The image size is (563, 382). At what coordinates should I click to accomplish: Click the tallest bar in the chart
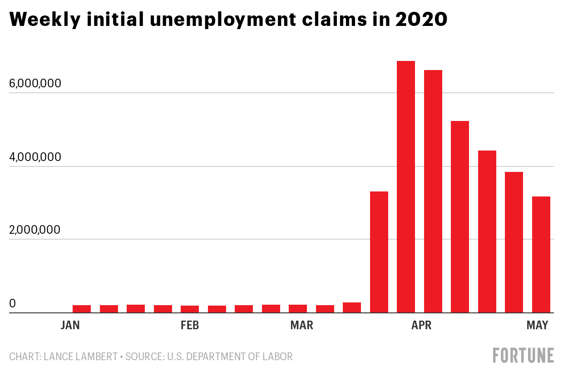pos(405,186)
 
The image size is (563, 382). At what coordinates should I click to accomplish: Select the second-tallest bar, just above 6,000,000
pos(433,191)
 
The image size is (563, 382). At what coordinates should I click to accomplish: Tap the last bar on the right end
pos(541,254)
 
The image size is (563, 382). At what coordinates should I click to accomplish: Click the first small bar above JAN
pos(82,309)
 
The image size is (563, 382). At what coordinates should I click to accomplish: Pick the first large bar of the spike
pos(379,252)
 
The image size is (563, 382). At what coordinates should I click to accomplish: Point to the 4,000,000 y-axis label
pos(40,157)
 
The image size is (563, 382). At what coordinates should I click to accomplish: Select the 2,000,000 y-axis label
pos(40,230)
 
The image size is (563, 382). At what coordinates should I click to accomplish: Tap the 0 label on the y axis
pos(12,303)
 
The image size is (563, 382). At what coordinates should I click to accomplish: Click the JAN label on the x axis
pos(70,326)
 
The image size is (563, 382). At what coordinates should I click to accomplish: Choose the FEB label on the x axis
pos(189,326)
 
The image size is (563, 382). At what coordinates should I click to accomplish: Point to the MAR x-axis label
pos(301,326)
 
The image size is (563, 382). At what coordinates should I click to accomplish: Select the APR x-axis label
pos(422,326)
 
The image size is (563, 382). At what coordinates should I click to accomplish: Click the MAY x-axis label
pos(537,326)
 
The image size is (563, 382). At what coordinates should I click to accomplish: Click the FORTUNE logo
pos(523,355)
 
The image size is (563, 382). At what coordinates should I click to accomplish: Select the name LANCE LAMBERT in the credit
pos(80,357)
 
